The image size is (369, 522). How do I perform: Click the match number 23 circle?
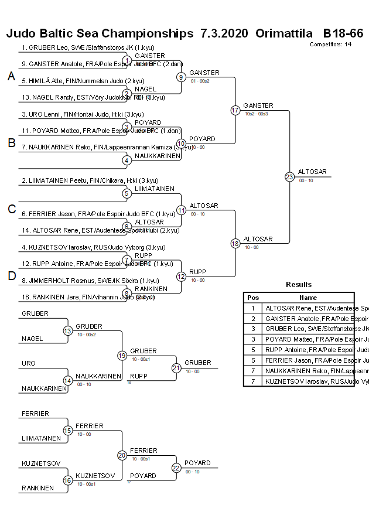tap(289, 176)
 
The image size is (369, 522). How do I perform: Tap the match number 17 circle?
tap(235, 110)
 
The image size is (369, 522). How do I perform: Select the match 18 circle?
tap(235, 243)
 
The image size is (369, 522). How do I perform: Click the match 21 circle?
tap(176, 368)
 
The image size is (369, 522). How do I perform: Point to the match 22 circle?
tap(176, 468)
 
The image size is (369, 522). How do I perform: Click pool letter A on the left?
tap(11, 76)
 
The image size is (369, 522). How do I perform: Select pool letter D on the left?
tap(11, 276)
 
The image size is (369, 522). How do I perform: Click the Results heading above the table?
tap(299, 285)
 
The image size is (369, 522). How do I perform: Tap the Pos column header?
tap(253, 298)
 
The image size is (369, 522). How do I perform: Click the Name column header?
tap(307, 298)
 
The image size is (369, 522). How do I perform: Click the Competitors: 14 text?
tap(330, 44)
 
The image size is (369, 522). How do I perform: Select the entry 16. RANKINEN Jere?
tap(79, 298)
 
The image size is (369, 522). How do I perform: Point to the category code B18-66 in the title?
tap(343, 33)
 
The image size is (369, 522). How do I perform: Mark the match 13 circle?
tap(67, 331)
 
